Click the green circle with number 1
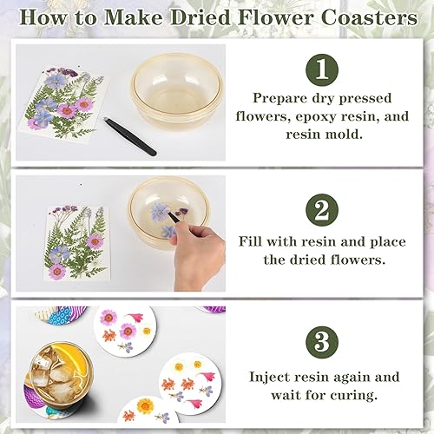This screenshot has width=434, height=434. [x=322, y=70]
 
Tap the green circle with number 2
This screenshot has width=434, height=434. [x=322, y=210]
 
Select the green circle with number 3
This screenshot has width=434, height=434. [x=322, y=343]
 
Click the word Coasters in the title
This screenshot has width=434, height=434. [x=369, y=17]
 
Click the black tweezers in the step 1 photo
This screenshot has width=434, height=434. [x=130, y=136]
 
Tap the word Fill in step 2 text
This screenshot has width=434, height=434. [x=250, y=241]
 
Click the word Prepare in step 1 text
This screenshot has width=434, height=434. [x=279, y=99]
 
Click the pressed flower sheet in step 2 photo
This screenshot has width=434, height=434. [x=77, y=242]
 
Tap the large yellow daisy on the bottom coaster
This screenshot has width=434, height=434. [x=146, y=406]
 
